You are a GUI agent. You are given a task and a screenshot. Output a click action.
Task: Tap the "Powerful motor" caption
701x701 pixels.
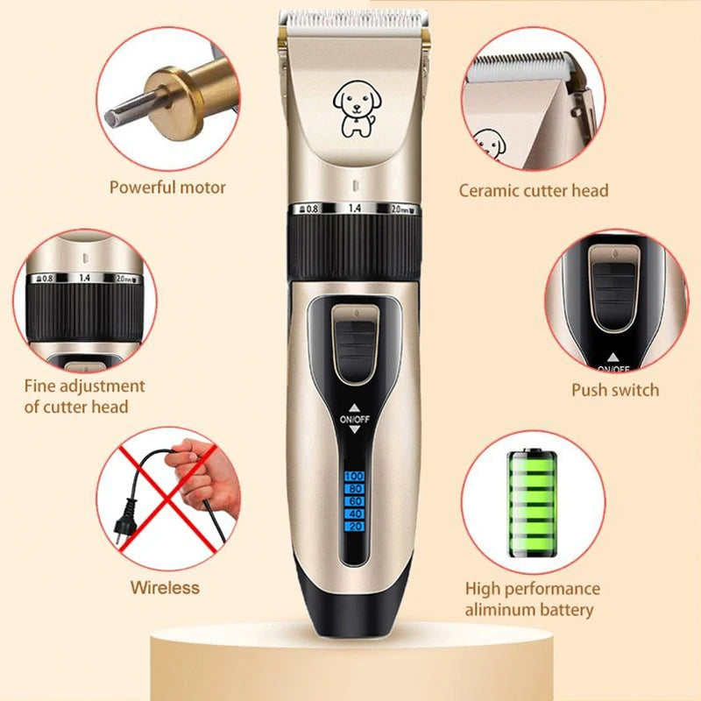167,187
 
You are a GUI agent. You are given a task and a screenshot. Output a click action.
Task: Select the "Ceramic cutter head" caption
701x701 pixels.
534,190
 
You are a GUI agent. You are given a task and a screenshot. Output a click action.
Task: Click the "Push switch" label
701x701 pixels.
615,390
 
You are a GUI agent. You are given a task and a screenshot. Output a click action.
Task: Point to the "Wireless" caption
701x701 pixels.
165,587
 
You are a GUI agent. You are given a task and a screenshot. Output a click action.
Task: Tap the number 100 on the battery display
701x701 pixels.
355,476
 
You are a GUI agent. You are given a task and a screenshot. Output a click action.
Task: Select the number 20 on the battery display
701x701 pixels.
355,526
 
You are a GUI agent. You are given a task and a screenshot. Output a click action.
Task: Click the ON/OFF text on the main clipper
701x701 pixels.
355,419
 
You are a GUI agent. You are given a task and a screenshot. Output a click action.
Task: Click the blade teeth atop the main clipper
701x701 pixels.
353,18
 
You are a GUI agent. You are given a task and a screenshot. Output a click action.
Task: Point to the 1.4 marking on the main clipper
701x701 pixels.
355,209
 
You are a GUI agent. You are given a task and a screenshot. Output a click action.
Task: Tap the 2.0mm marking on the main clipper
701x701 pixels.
400,209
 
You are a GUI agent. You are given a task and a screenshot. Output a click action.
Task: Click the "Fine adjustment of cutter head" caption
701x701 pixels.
84,396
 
